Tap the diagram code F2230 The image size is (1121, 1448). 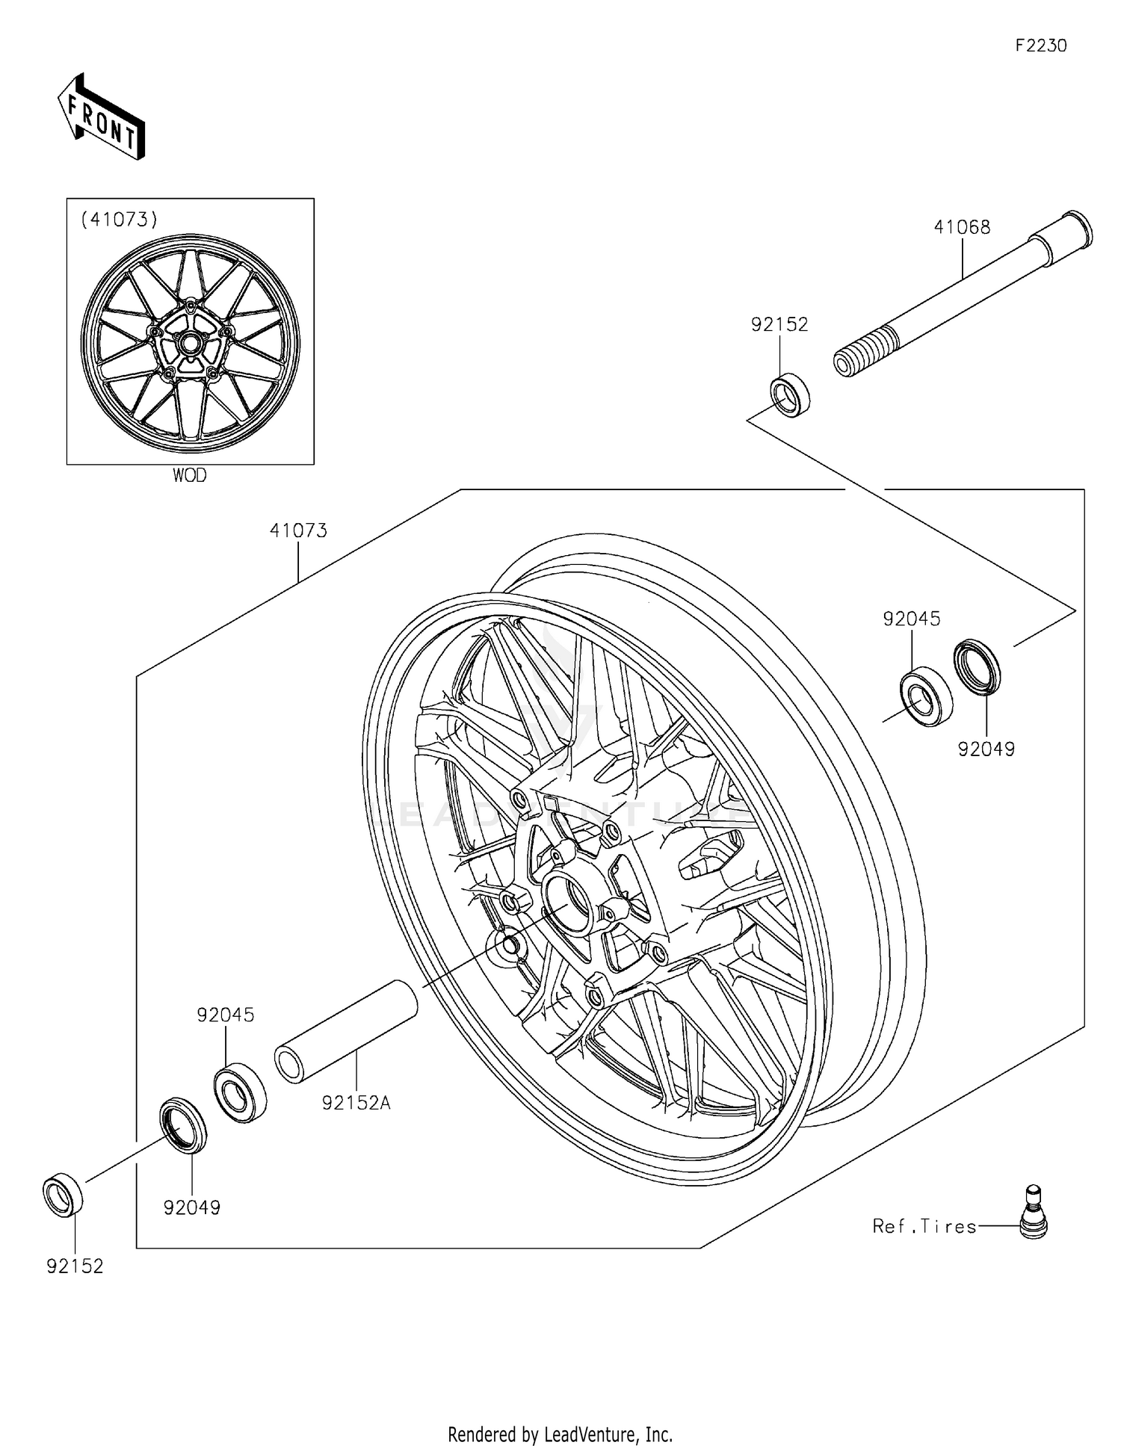click(x=1040, y=46)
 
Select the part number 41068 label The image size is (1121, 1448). click(x=961, y=227)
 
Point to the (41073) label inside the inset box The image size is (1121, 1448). click(x=120, y=219)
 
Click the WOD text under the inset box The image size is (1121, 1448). click(x=189, y=476)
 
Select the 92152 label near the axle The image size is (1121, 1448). click(x=779, y=324)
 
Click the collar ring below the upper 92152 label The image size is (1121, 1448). click(x=791, y=397)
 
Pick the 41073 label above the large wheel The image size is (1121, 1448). click(x=298, y=530)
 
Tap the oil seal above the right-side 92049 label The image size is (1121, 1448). click(x=978, y=666)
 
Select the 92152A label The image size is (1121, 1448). click(x=356, y=1103)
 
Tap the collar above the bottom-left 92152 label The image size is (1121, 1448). click(x=63, y=1195)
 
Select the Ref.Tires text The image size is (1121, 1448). click(x=924, y=1226)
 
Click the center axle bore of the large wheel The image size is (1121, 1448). click(x=568, y=900)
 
